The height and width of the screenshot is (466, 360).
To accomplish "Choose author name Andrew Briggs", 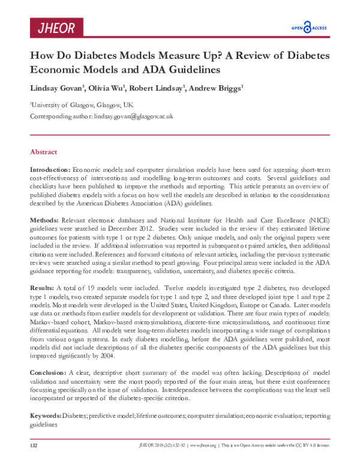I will pos(215,89).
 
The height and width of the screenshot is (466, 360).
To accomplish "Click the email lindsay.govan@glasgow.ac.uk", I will pos(133,116).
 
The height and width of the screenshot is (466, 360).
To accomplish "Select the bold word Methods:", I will pos(44,221).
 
